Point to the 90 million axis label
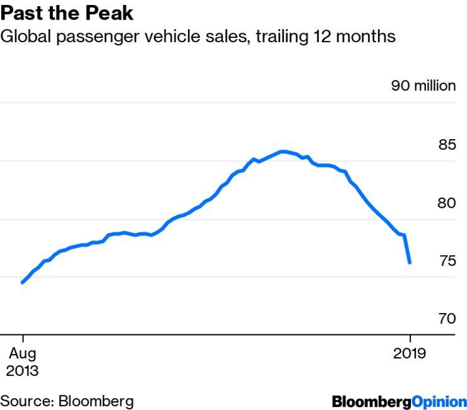pos(423,86)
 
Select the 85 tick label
pos(447,145)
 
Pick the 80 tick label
pos(447,203)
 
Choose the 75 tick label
pos(447,261)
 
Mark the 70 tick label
pos(447,319)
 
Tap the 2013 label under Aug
pos(22,370)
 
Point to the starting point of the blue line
pos(22,282)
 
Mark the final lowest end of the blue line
pos(410,263)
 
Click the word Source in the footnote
pos(27,401)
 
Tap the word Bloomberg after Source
pos(97,401)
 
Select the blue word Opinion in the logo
pos(439,401)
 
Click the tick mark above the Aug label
pos(22,338)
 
